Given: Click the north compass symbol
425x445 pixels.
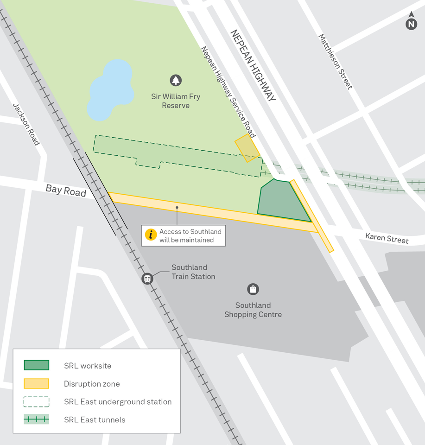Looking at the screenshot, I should (411, 23).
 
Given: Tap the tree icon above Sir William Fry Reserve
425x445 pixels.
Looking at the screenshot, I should (175, 80).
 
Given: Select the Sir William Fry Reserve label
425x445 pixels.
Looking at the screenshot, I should (176, 101).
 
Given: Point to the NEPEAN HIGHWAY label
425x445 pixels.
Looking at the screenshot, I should (253, 65).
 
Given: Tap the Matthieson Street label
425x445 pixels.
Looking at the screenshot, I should (335, 61).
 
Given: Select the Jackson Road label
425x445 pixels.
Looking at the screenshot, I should (26, 124).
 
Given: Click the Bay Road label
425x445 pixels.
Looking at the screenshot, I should (66, 191).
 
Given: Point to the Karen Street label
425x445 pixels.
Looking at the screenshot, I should (387, 238).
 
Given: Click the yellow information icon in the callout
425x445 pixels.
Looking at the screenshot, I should (151, 235).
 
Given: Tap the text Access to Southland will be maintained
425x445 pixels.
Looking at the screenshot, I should (190, 235).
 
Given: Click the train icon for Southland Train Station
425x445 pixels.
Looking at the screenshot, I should (147, 279).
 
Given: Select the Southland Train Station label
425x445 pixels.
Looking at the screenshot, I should (193, 272).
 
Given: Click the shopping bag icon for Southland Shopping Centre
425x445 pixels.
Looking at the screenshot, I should (253, 289).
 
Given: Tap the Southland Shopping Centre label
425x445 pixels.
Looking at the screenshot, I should (253, 310).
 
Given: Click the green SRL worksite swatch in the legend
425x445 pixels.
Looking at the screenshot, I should (37, 365).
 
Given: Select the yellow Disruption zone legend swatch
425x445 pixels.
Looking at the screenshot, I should (37, 384).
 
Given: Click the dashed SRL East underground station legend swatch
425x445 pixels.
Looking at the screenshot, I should (37, 402).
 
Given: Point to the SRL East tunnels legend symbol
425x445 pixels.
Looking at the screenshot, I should (37, 420).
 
